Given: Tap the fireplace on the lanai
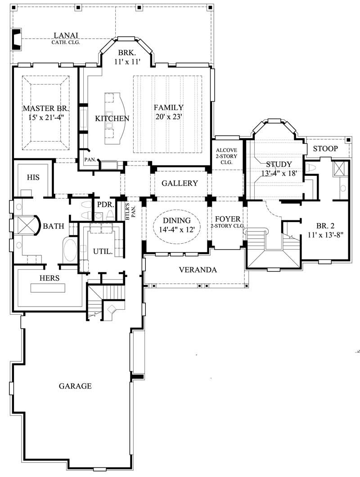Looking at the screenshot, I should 16,40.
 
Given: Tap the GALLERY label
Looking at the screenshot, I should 180,183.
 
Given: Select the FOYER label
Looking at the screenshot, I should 227,220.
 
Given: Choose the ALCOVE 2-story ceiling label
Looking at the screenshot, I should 227,156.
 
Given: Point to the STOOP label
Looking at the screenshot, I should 326,148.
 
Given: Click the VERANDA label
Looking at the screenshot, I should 198,270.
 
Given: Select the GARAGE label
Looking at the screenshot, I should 75,386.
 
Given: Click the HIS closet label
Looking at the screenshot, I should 33,178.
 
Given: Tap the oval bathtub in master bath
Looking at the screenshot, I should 70,250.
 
